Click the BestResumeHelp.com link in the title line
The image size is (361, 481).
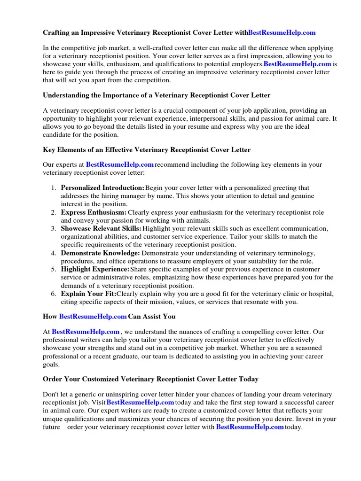[282, 33]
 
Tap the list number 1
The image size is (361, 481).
[54, 188]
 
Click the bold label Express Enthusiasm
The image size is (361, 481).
[94, 212]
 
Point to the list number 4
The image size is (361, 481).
[54, 253]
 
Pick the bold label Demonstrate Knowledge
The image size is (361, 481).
[100, 253]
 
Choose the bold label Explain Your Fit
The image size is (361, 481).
[88, 294]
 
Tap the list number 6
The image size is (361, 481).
[54, 294]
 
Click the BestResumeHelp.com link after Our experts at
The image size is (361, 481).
[120, 165]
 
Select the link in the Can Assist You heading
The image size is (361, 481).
[93, 317]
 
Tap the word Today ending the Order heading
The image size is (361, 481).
[248, 379]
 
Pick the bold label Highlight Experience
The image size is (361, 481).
[95, 269]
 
